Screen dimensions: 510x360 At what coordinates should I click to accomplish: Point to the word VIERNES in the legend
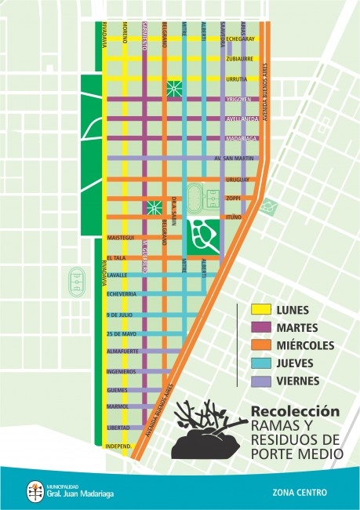pyautogui.click(x=298, y=381)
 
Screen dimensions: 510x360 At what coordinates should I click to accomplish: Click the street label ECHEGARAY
pyautogui.click(x=241, y=38)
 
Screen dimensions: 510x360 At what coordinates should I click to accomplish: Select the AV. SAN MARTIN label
pyautogui.click(x=235, y=158)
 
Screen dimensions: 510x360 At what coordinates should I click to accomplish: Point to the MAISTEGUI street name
pyautogui.click(x=122, y=237)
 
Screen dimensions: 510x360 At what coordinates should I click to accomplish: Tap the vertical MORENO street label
pyautogui.click(x=125, y=32)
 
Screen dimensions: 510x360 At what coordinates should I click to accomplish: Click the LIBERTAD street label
pyautogui.click(x=118, y=428)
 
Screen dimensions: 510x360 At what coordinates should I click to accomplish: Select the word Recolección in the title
pyautogui.click(x=295, y=411)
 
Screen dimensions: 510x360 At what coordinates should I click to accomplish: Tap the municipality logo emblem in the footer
pyautogui.click(x=33, y=490)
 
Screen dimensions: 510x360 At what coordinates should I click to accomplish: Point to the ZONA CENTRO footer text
pyautogui.click(x=300, y=493)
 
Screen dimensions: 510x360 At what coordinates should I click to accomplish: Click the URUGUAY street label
pyautogui.click(x=237, y=179)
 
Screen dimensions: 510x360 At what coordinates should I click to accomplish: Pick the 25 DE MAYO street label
pyautogui.click(x=120, y=334)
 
